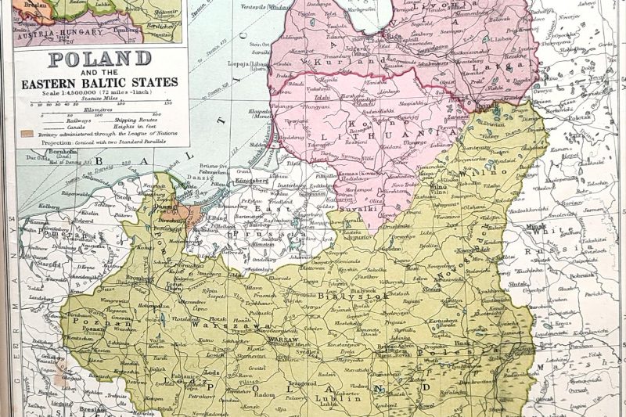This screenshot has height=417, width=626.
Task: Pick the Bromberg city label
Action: coord(138,279)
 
